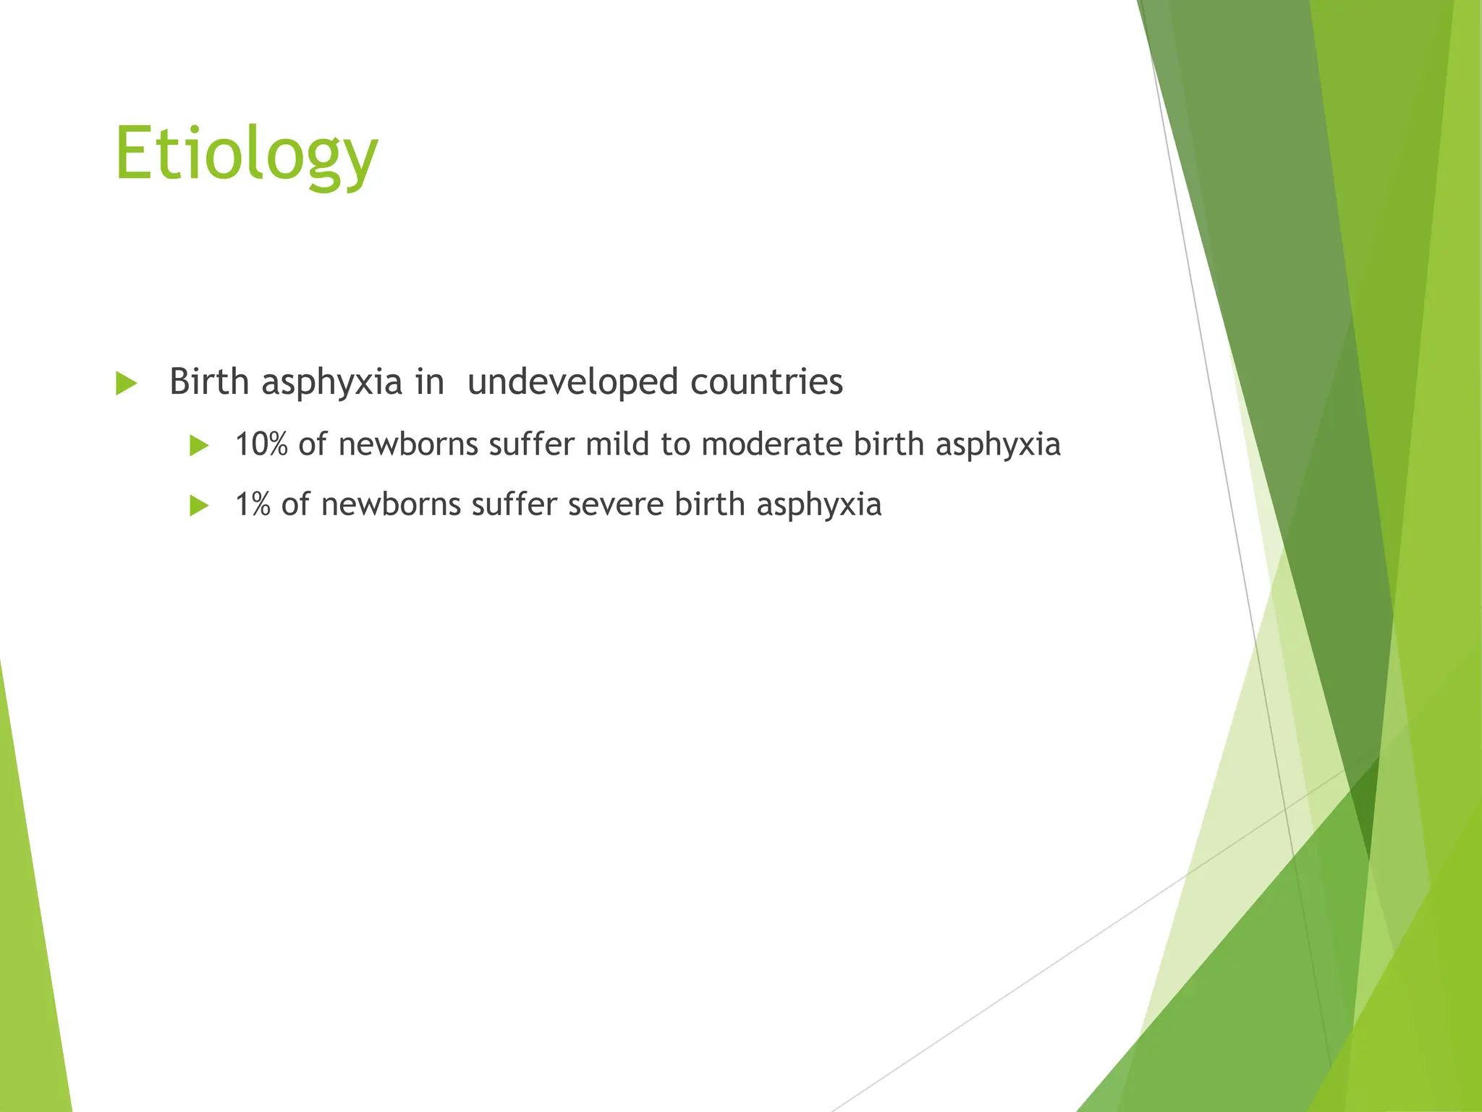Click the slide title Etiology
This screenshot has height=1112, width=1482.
[x=246, y=153]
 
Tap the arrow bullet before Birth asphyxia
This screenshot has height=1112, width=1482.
[x=126, y=383]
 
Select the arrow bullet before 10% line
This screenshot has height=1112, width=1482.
[x=199, y=445]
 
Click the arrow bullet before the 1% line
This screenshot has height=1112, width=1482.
[x=199, y=505]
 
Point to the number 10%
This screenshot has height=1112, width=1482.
[x=261, y=445]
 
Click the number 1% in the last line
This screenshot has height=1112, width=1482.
[x=253, y=505]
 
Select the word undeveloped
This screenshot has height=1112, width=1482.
[x=572, y=382]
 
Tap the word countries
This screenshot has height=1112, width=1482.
[x=766, y=382]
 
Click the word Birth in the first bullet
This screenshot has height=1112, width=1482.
[x=209, y=382]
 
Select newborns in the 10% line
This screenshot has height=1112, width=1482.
[x=407, y=445]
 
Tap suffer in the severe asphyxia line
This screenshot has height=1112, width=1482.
[x=515, y=505]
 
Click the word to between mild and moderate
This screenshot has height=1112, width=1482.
[x=675, y=445]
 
